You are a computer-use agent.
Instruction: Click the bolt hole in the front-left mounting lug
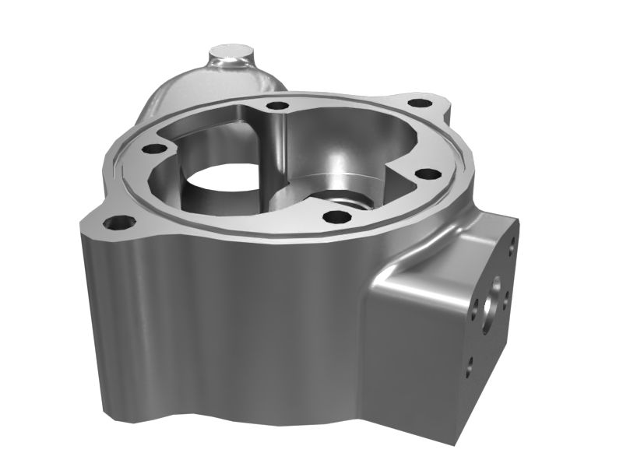[119, 223]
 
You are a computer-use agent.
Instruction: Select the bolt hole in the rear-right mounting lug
[420, 103]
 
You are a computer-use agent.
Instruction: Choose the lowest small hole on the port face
[469, 365]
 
